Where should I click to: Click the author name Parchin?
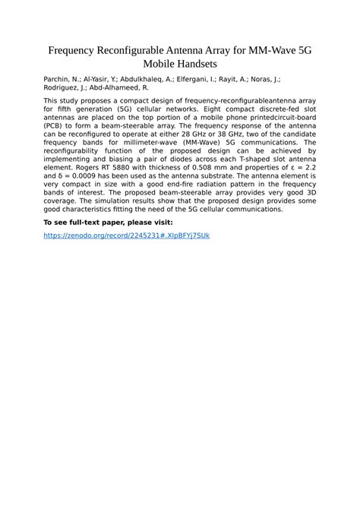click(x=57, y=79)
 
